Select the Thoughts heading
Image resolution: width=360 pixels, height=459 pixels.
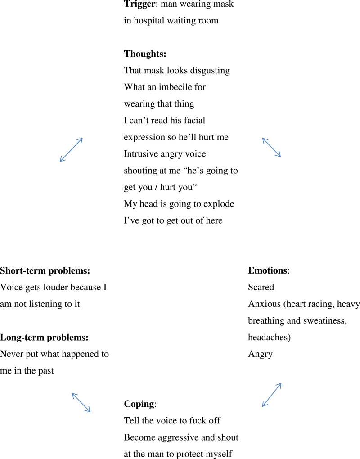point(145,54)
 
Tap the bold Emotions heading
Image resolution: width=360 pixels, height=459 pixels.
point(268,270)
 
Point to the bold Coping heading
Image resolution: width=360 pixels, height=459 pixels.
point(139,404)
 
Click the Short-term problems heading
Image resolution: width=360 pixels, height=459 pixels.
point(45,270)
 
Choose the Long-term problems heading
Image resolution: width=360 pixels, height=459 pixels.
point(44,337)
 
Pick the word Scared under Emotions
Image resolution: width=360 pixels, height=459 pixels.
point(261,287)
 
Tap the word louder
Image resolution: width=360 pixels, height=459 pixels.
point(61,287)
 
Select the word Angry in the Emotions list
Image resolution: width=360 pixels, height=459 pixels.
point(261,354)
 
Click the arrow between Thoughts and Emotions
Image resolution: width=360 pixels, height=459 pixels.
point(271,147)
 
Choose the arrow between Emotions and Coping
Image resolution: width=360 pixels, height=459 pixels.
point(272,395)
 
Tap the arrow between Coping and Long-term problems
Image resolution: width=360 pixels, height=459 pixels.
point(81,402)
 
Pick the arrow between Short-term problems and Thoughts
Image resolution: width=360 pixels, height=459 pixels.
point(71,149)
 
